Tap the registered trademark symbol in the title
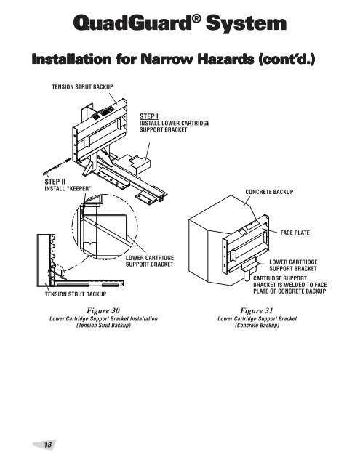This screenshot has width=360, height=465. pos(197,21)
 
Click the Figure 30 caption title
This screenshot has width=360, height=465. pos(103,310)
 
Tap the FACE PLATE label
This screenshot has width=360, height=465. pos(296,234)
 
